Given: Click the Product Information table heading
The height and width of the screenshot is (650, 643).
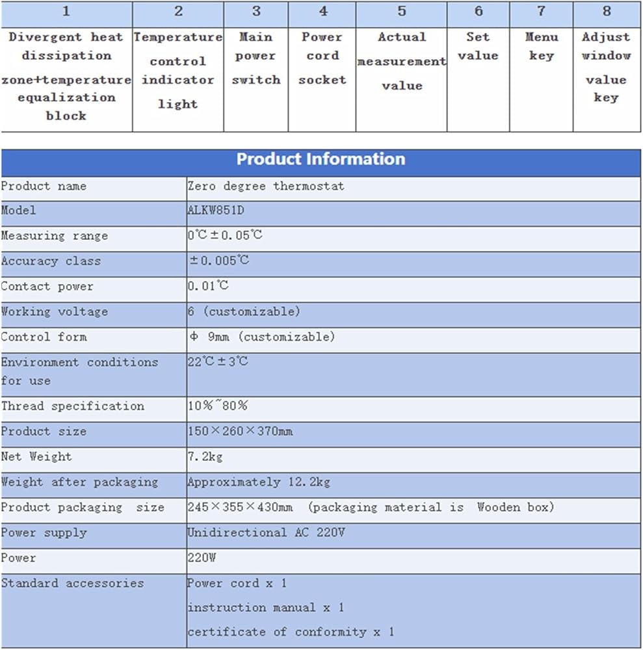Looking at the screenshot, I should [x=321, y=159].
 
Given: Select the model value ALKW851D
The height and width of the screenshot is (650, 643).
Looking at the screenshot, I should [x=216, y=211].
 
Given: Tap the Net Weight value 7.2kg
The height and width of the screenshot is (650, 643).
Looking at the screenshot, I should [x=205, y=456].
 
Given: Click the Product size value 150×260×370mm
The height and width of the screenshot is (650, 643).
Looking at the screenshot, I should [x=240, y=432].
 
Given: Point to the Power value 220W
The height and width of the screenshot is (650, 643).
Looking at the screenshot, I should [x=203, y=558].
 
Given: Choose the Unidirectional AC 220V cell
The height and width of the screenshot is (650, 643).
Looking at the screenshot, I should [x=266, y=532].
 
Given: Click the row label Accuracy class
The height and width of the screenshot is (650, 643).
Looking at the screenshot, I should [x=51, y=261].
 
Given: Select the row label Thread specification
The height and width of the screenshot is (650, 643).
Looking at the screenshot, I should [x=72, y=406].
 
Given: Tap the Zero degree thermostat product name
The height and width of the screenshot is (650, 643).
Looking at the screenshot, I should [x=266, y=186].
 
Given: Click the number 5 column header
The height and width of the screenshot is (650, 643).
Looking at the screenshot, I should [x=401, y=12].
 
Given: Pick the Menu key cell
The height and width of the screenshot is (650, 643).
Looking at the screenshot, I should [x=541, y=46].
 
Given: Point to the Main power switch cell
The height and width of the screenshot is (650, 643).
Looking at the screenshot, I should [x=256, y=58].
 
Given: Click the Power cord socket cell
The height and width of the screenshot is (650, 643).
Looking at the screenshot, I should [x=322, y=58].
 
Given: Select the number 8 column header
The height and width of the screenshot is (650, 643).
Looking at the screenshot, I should [x=607, y=12].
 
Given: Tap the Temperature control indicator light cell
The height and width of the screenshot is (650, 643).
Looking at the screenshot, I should [x=177, y=70].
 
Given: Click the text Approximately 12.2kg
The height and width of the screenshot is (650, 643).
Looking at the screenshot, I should [x=259, y=482].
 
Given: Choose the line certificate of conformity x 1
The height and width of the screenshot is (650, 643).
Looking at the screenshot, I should [x=291, y=632].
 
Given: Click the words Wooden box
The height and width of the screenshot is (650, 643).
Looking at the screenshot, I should [x=515, y=507].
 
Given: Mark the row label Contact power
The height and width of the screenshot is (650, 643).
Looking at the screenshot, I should [x=47, y=287].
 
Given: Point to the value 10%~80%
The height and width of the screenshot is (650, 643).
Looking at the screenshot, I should [x=217, y=406].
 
